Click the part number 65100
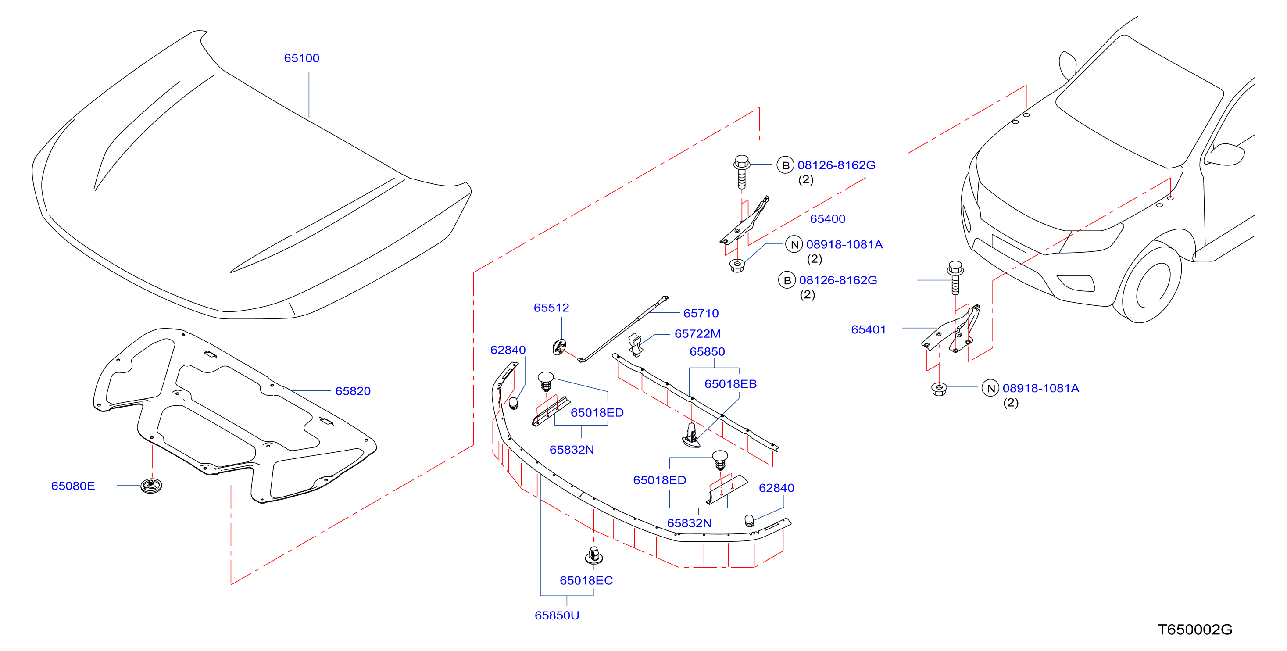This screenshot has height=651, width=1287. tap(301, 58)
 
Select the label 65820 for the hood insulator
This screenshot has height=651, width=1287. tap(353, 391)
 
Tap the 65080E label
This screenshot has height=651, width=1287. tap(73, 486)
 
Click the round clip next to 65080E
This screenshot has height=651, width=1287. tap(151, 486)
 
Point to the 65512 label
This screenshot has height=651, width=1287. tap(551, 308)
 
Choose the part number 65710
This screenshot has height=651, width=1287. tap(701, 313)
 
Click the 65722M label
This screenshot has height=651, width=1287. tap(697, 334)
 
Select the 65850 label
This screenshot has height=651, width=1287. tap(707, 352)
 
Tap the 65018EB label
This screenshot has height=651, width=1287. tap(730, 384)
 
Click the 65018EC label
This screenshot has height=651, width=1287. tap(586, 580)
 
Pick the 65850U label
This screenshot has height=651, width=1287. tap(557, 615)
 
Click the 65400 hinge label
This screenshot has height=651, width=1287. tap(827, 219)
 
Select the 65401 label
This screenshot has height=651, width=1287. tap(869, 330)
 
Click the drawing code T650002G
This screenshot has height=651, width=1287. tap(1195, 630)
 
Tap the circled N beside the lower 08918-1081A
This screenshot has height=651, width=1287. tap(990, 388)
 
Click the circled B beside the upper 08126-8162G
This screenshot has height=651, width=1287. tap(785, 165)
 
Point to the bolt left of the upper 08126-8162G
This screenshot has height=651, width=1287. tap(741, 172)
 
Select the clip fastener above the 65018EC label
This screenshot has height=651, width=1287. tap(593, 555)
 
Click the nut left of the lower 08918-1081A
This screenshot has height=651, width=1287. tap(939, 389)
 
